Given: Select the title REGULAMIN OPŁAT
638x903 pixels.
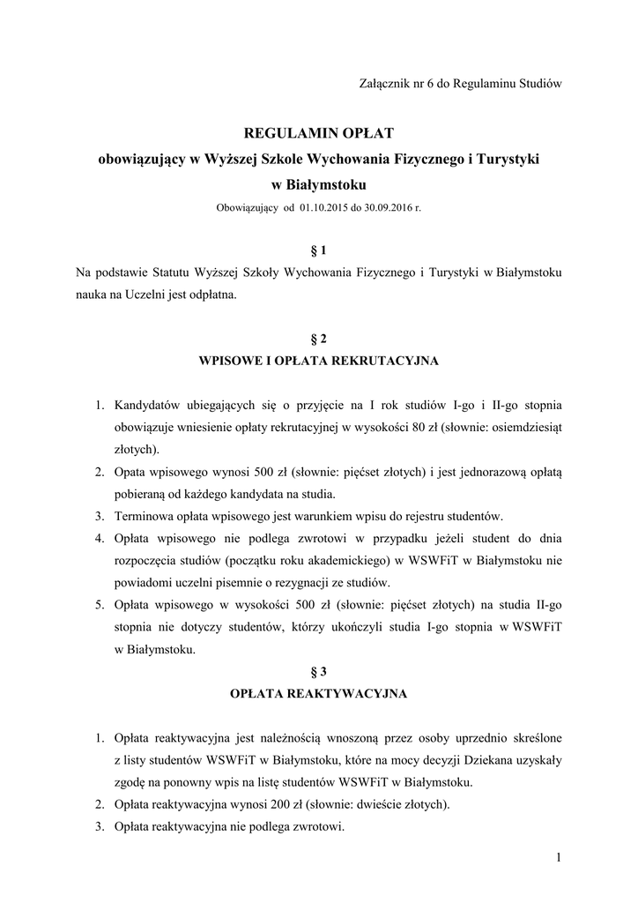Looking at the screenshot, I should point(318,133).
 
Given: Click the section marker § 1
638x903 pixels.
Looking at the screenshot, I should point(318,250).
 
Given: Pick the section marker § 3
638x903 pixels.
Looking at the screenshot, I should point(318,671).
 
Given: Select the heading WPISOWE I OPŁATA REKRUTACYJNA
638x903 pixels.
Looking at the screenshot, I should point(318,361).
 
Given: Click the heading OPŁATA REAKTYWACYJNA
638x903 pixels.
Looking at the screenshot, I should point(318,694).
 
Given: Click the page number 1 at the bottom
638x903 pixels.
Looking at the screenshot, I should point(559,857).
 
